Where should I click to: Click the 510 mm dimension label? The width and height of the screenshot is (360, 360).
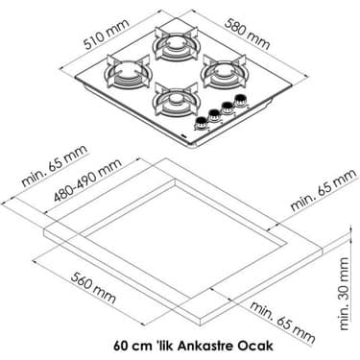(x=107, y=35)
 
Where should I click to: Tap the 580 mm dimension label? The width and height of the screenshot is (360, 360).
(x=248, y=34)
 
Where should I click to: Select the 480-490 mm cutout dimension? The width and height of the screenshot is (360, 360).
(x=87, y=180)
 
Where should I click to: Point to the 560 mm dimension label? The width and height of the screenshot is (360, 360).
(x=93, y=288)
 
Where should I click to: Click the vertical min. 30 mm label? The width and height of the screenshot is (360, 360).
(x=344, y=294)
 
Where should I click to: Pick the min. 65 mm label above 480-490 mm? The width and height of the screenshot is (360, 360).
(x=54, y=166)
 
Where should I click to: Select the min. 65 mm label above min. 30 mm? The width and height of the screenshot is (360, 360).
(x=324, y=190)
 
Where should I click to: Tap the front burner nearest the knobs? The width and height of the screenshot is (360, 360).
(x=176, y=100)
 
